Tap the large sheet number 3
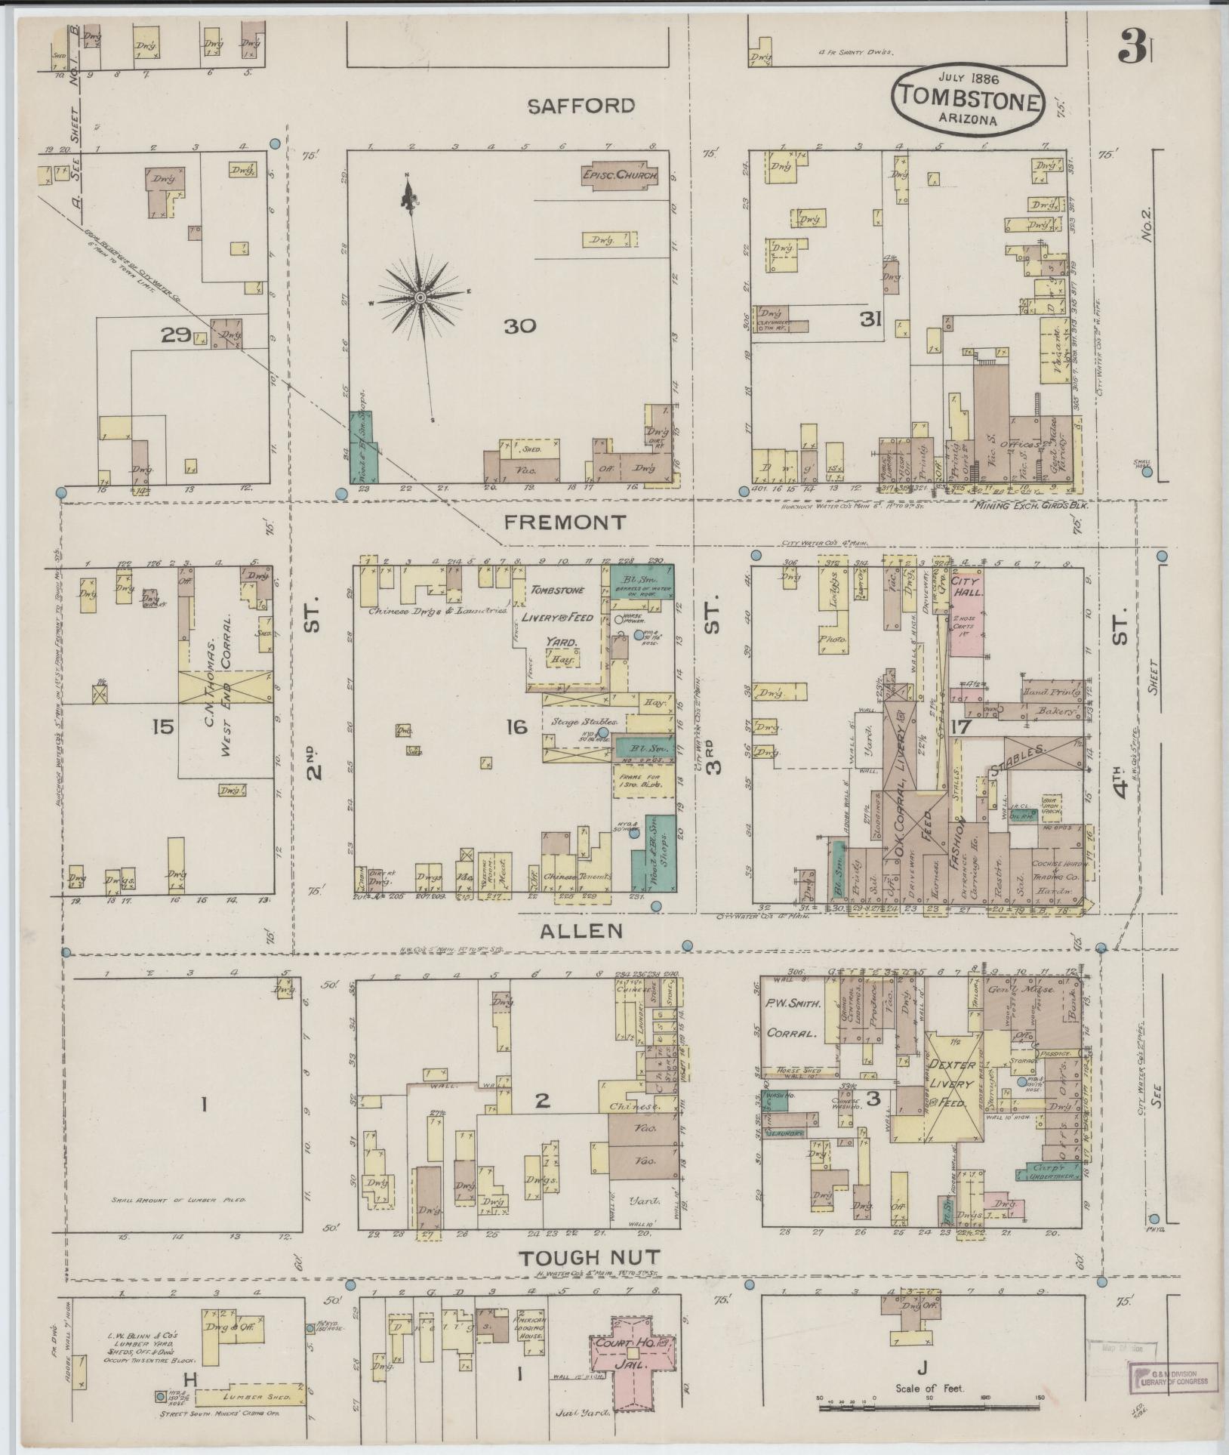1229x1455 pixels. pyautogui.click(x=1131, y=49)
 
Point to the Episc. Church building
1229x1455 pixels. pyautogui.click(x=620, y=175)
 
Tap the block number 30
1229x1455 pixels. pyautogui.click(x=520, y=326)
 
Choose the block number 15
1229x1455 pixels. pyautogui.click(x=163, y=727)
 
